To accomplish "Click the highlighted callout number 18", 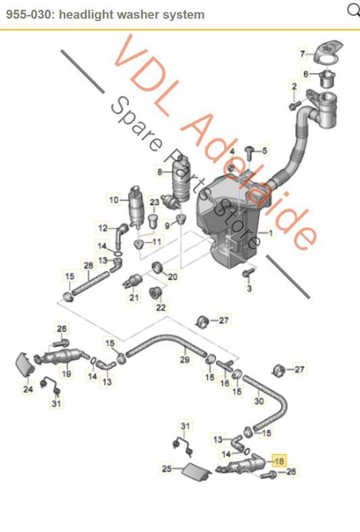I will [279, 462].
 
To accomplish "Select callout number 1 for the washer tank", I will [271, 233].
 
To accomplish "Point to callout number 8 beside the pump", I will [159, 171].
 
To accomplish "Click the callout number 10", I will [113, 199].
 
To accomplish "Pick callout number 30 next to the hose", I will [259, 400].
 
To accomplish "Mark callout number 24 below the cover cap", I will [28, 389].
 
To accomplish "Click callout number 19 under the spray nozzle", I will [67, 373].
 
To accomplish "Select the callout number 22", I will [160, 308].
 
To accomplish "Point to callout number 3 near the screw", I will [249, 289].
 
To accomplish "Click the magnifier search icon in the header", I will [353, 9].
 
